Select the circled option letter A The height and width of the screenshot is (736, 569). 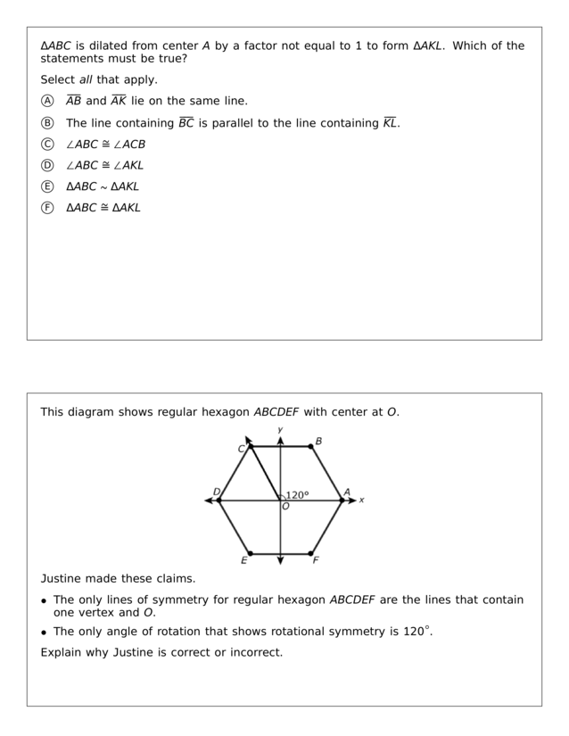[x=47, y=101]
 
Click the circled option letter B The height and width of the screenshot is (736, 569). [x=47, y=123]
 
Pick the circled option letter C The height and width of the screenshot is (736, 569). [x=47, y=144]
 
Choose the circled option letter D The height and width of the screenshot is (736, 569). [x=47, y=165]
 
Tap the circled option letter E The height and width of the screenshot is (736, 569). [x=47, y=186]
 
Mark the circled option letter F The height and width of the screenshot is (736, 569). [x=47, y=208]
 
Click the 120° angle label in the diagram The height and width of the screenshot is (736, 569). [x=298, y=495]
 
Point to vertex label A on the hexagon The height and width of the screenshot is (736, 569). [x=347, y=492]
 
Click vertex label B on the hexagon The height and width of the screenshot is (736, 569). [x=318, y=441]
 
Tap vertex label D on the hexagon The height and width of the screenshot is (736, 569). [x=216, y=492]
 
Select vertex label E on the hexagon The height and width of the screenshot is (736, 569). [x=243, y=560]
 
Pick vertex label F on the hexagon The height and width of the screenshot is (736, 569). [x=316, y=560]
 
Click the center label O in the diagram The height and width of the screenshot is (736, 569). [x=285, y=507]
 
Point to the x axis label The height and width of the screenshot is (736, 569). [x=361, y=500]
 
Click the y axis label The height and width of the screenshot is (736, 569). [x=280, y=430]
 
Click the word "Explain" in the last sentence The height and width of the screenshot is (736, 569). [x=62, y=652]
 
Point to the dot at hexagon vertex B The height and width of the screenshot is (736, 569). [x=311, y=447]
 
